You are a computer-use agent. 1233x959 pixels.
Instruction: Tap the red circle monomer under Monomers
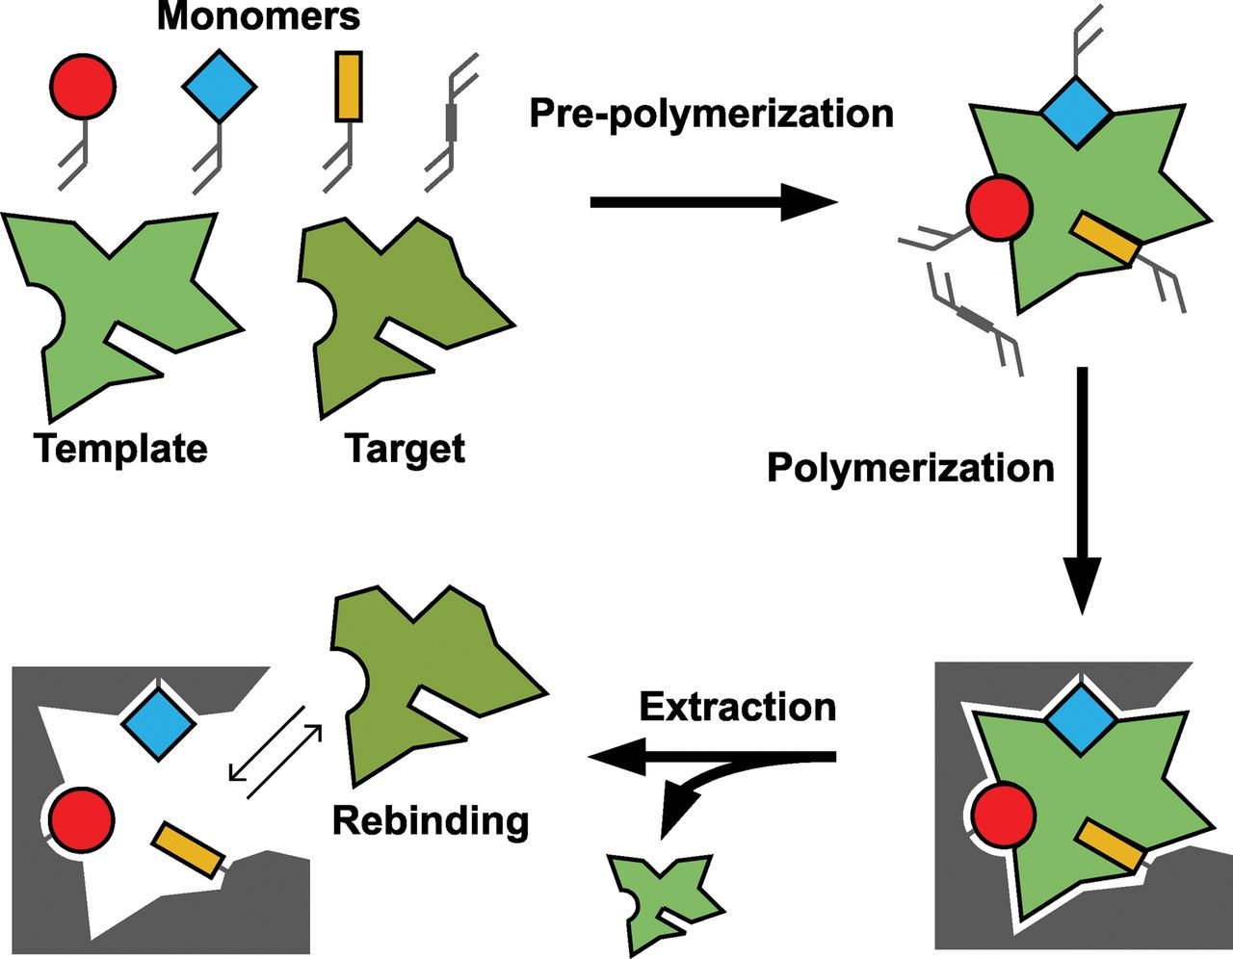point(81,84)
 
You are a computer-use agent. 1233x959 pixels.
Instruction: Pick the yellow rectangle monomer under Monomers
point(349,87)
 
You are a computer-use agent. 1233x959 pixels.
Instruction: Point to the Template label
point(120,448)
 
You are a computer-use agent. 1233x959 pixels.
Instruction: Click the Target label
point(405,448)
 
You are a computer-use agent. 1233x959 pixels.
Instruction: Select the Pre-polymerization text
point(711,113)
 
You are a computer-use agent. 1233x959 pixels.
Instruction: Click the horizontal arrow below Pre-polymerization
point(713,202)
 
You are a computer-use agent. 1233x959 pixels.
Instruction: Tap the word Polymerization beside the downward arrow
point(910,468)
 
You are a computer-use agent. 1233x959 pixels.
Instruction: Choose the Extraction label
point(737,707)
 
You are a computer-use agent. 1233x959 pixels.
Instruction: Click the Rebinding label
point(431,821)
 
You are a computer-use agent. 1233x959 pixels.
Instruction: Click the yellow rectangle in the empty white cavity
point(188,849)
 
